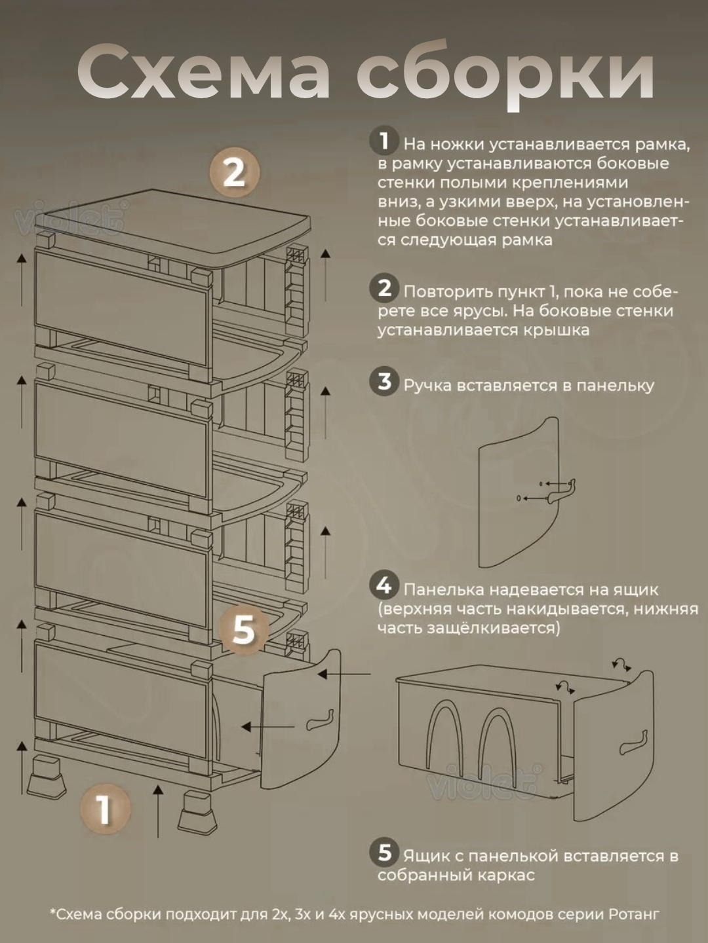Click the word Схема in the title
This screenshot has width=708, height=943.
point(203,73)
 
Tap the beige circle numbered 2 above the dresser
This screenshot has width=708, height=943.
point(235,173)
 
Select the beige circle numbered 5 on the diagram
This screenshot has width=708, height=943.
point(244,631)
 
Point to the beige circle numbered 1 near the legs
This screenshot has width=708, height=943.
point(106,809)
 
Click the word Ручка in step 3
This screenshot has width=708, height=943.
point(427,385)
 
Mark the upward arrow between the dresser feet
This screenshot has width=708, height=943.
point(159,811)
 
